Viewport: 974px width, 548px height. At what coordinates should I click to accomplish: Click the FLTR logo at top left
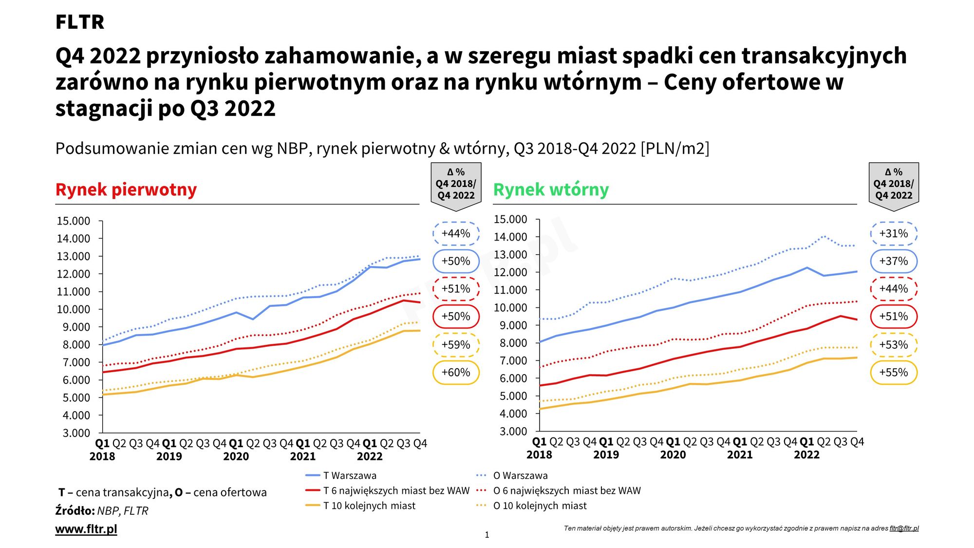79,22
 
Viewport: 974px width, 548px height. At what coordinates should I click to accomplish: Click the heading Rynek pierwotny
126,189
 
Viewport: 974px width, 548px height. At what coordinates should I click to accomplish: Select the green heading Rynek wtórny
551,189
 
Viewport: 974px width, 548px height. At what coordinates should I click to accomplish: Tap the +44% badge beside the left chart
456,234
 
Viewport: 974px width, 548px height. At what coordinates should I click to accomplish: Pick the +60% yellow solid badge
456,373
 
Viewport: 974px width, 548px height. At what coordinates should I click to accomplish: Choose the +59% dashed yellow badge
456,345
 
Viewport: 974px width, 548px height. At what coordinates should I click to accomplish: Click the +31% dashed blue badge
893,234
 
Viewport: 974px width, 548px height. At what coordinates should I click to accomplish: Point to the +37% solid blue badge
893,261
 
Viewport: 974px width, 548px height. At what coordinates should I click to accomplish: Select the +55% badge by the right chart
893,373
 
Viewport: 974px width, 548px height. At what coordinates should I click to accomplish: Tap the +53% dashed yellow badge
893,345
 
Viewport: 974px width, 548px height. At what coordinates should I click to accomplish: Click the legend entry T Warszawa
349,475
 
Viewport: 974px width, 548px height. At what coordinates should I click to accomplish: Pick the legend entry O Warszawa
520,475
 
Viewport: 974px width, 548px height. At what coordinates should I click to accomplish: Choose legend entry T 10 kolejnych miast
369,506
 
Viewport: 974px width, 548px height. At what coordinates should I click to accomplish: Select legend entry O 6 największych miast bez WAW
566,491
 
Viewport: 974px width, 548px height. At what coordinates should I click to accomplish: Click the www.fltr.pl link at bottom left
86,529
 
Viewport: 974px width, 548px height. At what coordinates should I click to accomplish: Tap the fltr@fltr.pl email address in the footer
904,529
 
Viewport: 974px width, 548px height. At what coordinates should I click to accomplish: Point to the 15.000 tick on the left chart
74,221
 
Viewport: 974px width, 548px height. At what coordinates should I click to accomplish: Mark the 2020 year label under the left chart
236,456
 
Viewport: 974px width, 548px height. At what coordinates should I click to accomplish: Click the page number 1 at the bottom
487,535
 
